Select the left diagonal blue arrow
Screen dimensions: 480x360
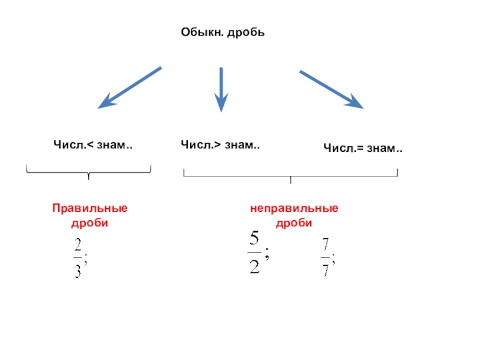point(130,88)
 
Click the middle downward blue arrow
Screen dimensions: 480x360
point(222,89)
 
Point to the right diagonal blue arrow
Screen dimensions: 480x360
point(331,89)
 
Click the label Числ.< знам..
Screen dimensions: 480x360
point(93,145)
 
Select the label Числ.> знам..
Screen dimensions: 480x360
point(220,144)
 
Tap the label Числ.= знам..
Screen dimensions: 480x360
point(363,147)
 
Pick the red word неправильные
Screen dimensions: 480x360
point(294,209)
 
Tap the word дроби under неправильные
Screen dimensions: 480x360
point(294,223)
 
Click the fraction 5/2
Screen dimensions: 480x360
point(254,254)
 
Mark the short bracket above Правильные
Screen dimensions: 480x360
point(88,172)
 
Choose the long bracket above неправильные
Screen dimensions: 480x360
point(290,175)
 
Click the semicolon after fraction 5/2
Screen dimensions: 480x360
point(266,255)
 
